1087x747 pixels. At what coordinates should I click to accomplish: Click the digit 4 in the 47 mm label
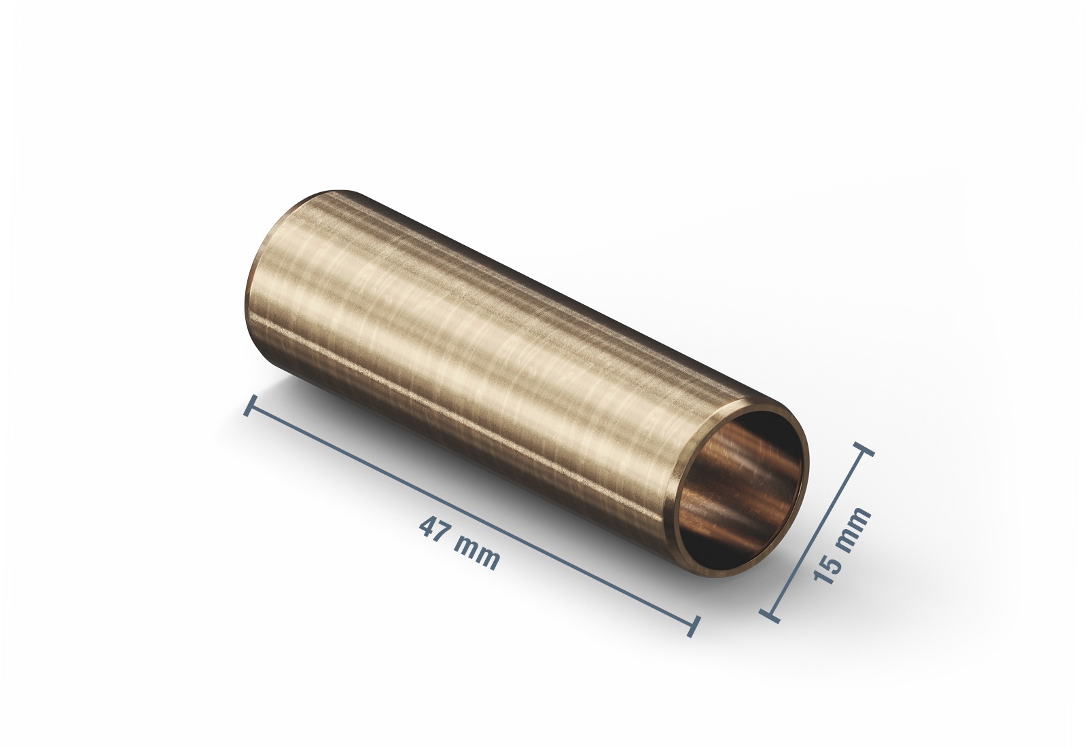click(x=428, y=527)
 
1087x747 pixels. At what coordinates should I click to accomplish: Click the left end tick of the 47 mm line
click(x=250, y=405)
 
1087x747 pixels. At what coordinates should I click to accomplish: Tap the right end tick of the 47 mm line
click(x=694, y=625)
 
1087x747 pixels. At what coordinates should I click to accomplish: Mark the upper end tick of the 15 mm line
click(x=863, y=450)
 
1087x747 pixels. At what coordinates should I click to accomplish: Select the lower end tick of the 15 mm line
click(x=769, y=615)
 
